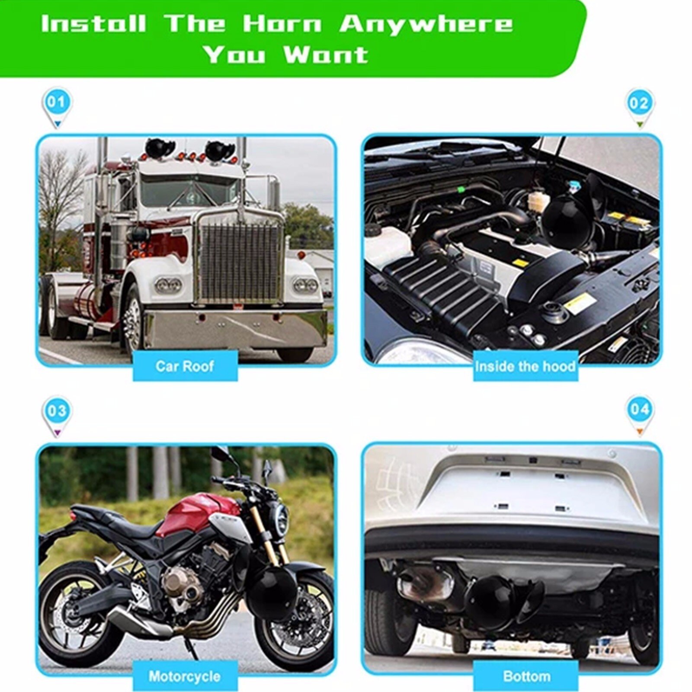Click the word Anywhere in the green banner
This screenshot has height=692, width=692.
(x=426, y=24)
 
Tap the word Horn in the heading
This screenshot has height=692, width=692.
(x=282, y=24)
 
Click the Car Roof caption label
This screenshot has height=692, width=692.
(x=185, y=366)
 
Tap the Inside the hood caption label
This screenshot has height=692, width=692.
(x=525, y=367)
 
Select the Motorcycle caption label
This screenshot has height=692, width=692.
(x=185, y=676)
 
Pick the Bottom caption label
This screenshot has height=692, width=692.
(x=526, y=676)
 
